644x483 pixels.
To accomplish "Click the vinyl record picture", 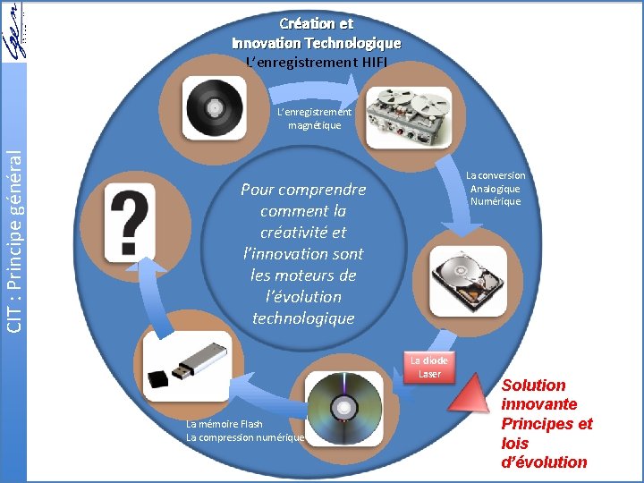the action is (216, 107).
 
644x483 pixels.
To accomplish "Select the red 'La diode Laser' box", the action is (430, 367).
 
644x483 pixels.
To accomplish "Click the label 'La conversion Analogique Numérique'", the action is (496, 189).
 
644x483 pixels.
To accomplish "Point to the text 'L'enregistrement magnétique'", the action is (314, 119).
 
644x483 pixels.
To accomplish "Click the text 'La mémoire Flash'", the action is (225, 424).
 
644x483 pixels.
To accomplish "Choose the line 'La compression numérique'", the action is (245, 437).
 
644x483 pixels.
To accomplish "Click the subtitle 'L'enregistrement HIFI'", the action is (317, 63).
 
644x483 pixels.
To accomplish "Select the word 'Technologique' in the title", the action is (352, 43).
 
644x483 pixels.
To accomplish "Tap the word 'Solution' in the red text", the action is (533, 386).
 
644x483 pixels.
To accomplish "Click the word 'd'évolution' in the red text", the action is (544, 462).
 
